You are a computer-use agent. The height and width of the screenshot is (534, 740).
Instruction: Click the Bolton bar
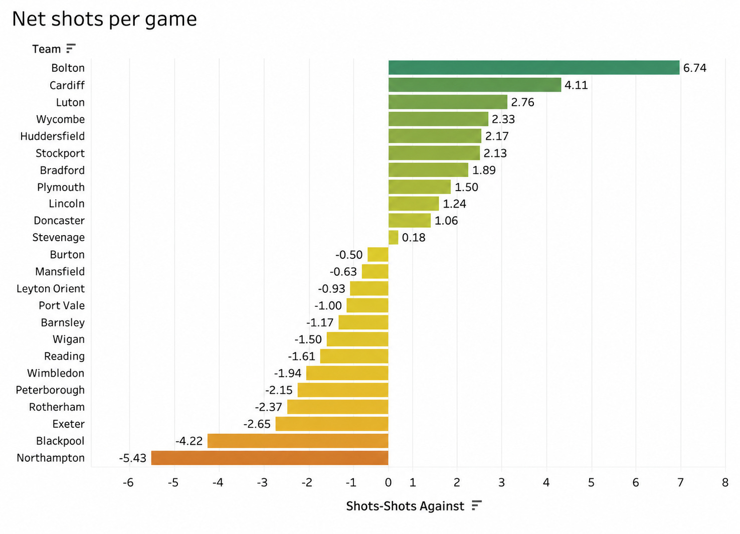tap(534, 67)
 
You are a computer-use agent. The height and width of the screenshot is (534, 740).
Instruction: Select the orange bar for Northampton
tap(270, 458)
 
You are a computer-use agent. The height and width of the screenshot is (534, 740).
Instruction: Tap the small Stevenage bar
tap(393, 237)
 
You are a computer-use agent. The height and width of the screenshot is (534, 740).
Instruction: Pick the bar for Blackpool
tap(298, 441)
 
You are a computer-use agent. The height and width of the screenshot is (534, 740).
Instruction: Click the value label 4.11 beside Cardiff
tap(576, 85)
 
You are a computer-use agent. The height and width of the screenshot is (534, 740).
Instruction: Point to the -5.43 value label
tap(132, 458)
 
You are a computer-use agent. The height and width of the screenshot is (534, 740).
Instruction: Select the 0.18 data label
tap(414, 237)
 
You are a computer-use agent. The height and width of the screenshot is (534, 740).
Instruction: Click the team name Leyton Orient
tap(51, 289)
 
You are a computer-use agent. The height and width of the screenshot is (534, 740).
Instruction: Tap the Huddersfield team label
tap(53, 136)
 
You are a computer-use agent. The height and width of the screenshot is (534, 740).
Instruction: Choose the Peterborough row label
tap(50, 390)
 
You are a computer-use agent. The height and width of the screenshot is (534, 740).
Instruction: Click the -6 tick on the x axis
tap(128, 483)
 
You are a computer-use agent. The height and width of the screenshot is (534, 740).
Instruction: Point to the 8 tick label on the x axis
tap(725, 483)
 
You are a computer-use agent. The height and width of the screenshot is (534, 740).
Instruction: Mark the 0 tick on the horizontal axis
tap(388, 483)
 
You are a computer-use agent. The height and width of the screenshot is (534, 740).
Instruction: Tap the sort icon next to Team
tap(71, 48)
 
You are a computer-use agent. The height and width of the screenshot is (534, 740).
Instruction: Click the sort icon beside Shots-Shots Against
tap(477, 505)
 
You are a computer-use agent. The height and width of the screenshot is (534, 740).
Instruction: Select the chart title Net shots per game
tap(104, 19)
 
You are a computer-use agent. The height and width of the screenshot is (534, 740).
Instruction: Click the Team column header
tap(47, 49)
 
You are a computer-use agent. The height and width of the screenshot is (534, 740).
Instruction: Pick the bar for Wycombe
tap(438, 119)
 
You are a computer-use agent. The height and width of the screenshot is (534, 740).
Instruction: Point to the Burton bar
tap(378, 254)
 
